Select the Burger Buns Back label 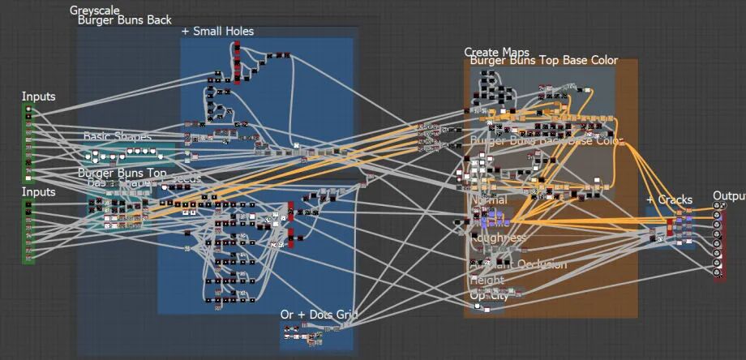pos(124,20)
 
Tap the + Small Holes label pos(217,32)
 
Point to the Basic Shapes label pos(118,136)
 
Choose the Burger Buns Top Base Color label pos(543,61)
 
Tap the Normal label pos(488,199)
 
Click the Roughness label pos(497,238)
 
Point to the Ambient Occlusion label pos(519,264)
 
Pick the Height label pos(487,281)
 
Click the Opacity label pos(488,295)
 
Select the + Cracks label pos(669,199)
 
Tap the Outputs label pos(728,196)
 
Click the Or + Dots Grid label pos(319,314)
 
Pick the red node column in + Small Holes pos(237,63)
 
